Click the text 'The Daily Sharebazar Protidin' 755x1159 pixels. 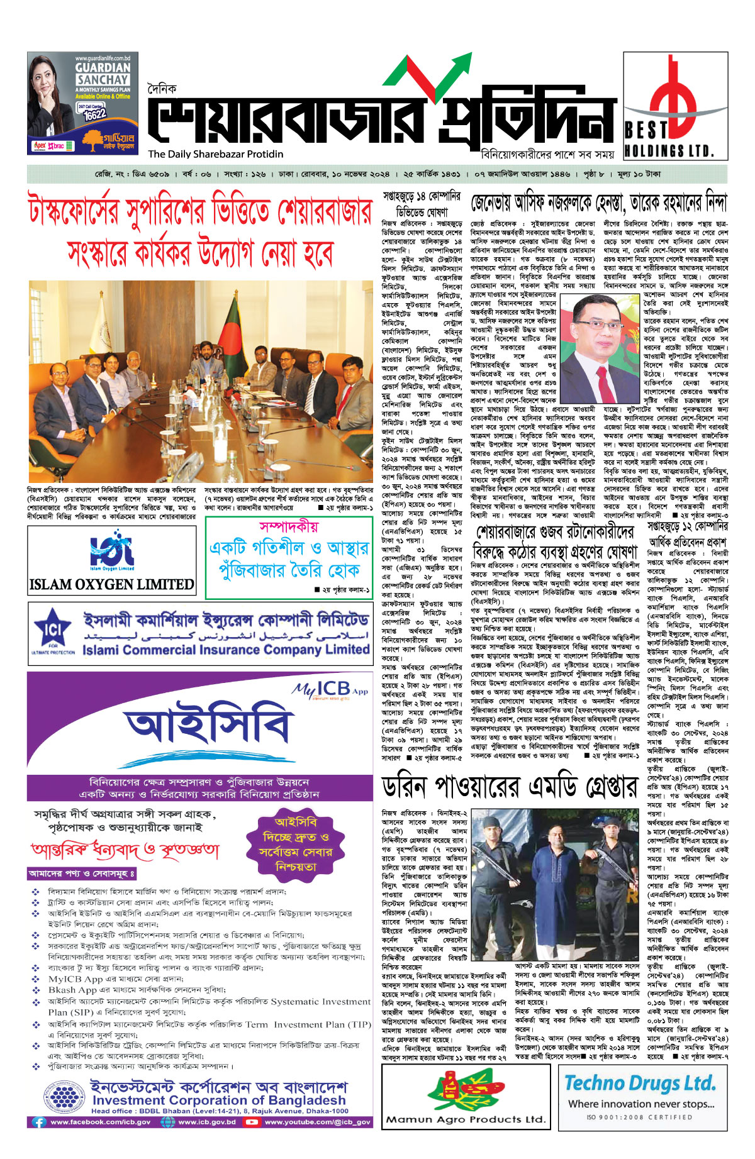pyautogui.click(x=216, y=154)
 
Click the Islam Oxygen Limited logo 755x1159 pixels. pyautogui.click(x=111, y=553)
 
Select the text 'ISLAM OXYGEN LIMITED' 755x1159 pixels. pyautogui.click(x=111, y=584)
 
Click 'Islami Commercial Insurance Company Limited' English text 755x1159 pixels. pyautogui.click(x=226, y=650)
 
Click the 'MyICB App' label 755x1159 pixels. pyautogui.click(x=329, y=690)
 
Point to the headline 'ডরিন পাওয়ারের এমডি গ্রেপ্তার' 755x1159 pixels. pyautogui.click(x=510, y=787)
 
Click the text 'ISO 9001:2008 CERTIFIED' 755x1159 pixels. pyautogui.click(x=639, y=1117)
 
